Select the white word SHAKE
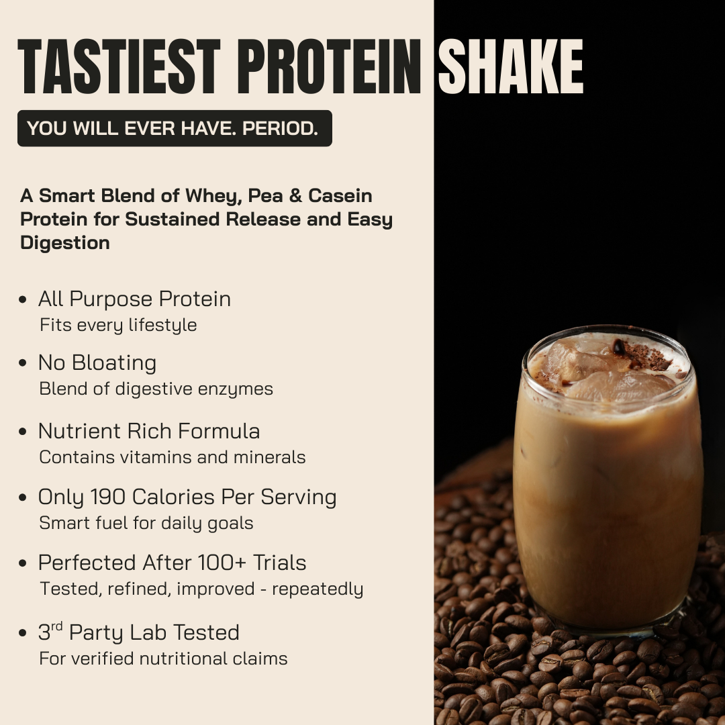coord(510,67)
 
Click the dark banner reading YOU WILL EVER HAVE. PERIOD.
coord(175,128)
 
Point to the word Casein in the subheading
coord(340,196)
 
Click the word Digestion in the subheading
coord(65,243)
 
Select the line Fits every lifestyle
coord(118,326)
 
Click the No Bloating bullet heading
coord(97,363)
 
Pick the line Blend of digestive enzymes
coord(156,389)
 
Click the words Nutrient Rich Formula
coord(149,431)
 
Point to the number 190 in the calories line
coord(105,497)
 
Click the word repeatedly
coord(318,589)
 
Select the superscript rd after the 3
coord(57,627)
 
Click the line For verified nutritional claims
coord(163,659)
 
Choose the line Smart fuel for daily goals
coord(146,524)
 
